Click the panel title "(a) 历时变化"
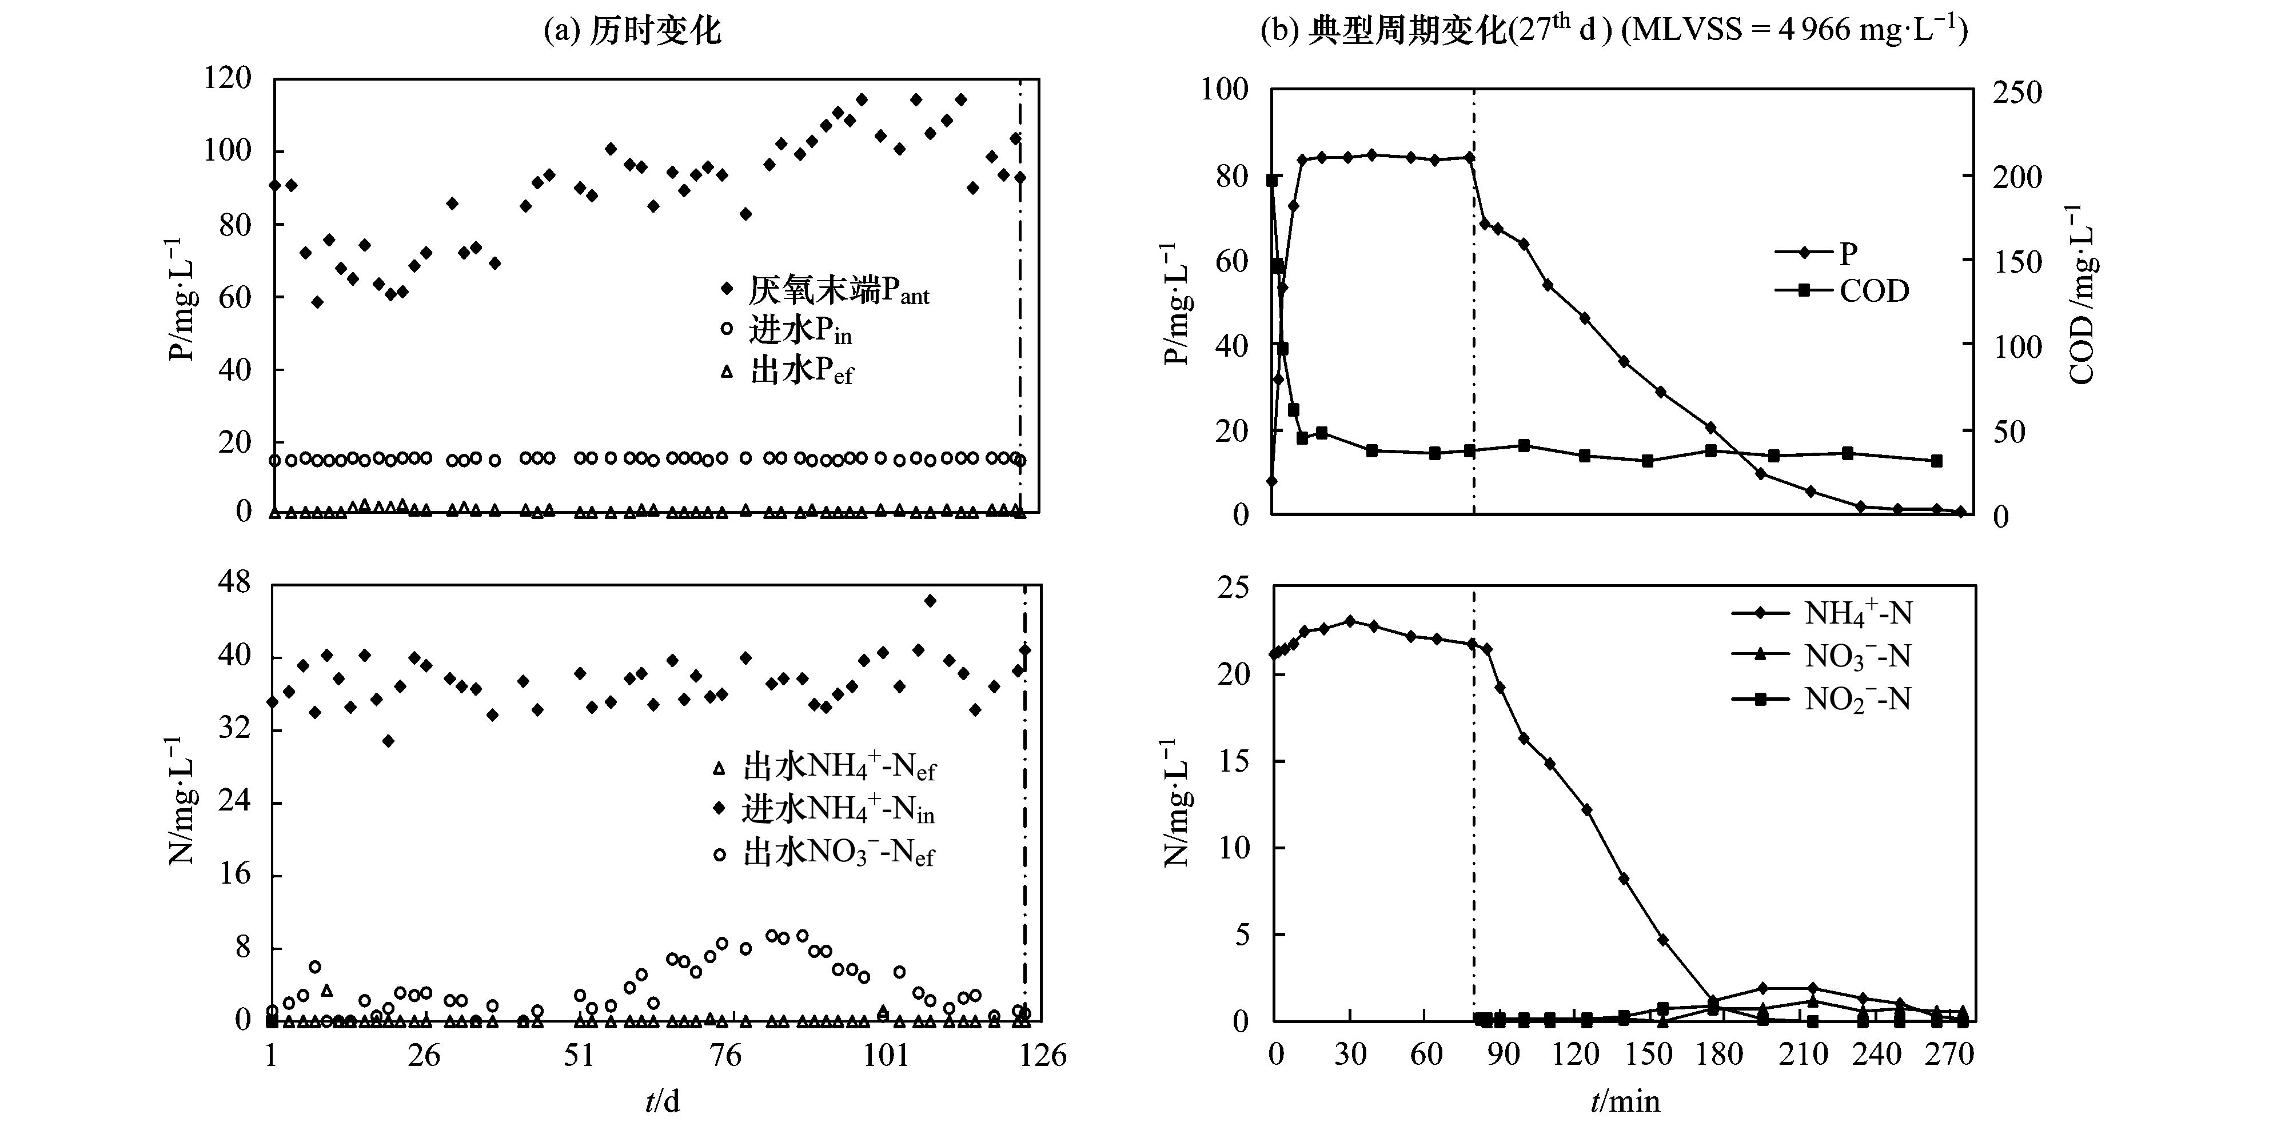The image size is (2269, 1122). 632,31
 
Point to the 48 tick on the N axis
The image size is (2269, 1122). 232,583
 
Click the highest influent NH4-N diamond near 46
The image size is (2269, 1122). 930,601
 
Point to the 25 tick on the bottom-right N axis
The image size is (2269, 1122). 1231,588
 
